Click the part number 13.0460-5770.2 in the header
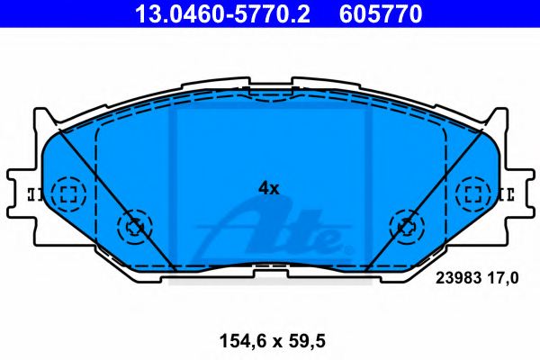pyautogui.click(x=228, y=13)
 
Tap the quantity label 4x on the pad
pyautogui.click(x=269, y=189)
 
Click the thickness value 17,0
pyautogui.click(x=505, y=279)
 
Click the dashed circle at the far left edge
pyautogui.click(x=67, y=193)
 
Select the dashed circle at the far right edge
pyautogui.click(x=472, y=193)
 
